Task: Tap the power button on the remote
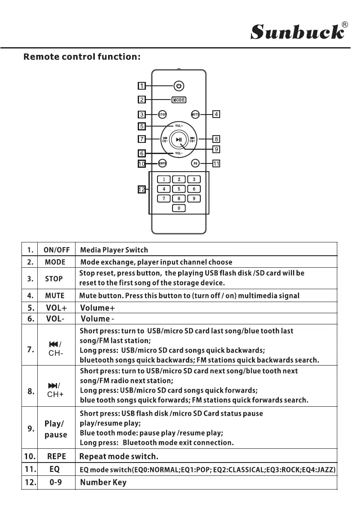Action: tap(179, 86)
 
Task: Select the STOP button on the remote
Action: tap(163, 114)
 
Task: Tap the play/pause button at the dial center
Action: tap(179, 139)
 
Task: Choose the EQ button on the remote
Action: tap(195, 163)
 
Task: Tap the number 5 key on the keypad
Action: tap(179, 189)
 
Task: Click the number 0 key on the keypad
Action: tap(179, 208)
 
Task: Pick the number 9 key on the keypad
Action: tap(194, 198)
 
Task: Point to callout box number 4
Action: tap(217, 114)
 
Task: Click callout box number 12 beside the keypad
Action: tap(141, 189)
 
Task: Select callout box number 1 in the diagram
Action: tap(141, 86)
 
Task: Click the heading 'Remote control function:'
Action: tap(82, 56)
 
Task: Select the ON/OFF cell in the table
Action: tap(54, 250)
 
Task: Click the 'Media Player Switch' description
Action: tap(114, 250)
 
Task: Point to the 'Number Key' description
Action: tap(103, 483)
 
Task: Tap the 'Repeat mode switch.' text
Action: tap(119, 455)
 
